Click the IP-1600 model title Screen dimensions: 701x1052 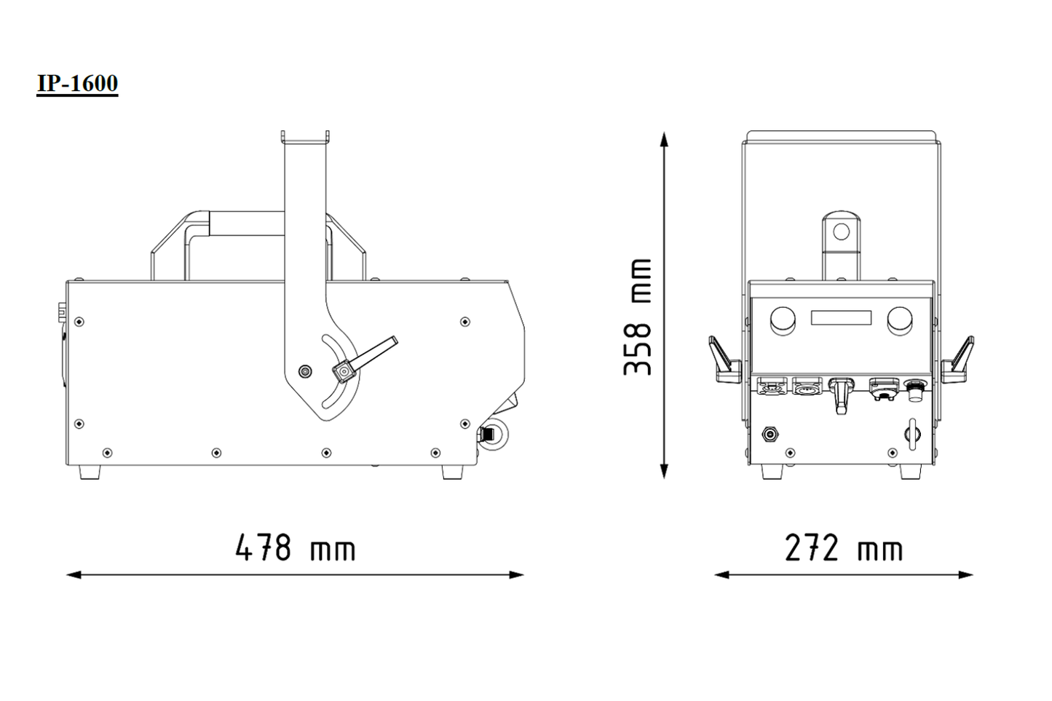[77, 83]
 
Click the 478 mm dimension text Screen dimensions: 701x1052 [295, 548]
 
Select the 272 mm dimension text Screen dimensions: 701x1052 [844, 548]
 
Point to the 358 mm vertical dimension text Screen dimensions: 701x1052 [638, 317]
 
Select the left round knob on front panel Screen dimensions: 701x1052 [783, 320]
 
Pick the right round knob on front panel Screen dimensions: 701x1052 [900, 320]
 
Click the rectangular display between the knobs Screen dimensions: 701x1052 [841, 318]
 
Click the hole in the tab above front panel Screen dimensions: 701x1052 [841, 232]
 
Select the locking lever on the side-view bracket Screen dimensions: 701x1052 [368, 357]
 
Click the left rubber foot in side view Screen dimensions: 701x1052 [90, 472]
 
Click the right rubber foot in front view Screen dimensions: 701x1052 [910, 472]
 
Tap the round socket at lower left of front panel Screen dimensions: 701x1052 [770, 435]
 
